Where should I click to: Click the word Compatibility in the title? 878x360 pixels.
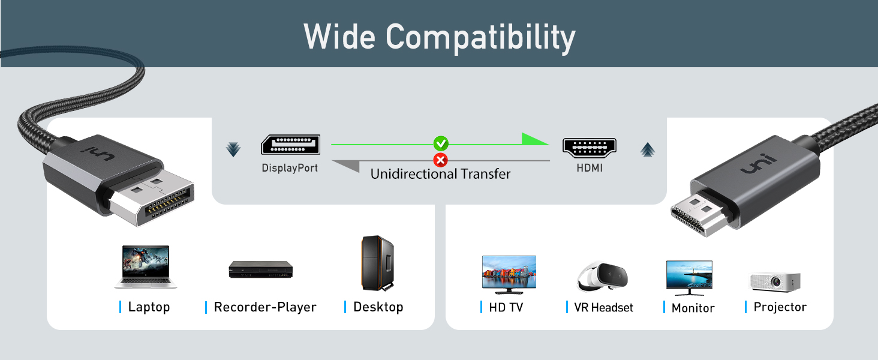[480, 38]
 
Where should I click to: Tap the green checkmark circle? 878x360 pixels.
[441, 143]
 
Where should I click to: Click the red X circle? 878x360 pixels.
[441, 160]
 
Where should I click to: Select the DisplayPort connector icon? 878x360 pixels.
[290, 145]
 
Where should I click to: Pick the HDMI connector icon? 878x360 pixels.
[589, 147]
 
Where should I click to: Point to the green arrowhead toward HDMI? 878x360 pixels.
[534, 139]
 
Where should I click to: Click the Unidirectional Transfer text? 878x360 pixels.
[440, 175]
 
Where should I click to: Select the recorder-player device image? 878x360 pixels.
[260, 269]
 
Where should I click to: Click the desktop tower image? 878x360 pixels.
[378, 263]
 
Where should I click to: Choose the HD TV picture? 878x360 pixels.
[509, 274]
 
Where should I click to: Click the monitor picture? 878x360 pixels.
[689, 277]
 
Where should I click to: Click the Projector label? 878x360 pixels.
[780, 307]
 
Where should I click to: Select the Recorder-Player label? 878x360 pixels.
[264, 307]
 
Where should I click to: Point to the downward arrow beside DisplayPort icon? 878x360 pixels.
[233, 149]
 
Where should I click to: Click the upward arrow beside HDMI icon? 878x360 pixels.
[647, 149]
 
